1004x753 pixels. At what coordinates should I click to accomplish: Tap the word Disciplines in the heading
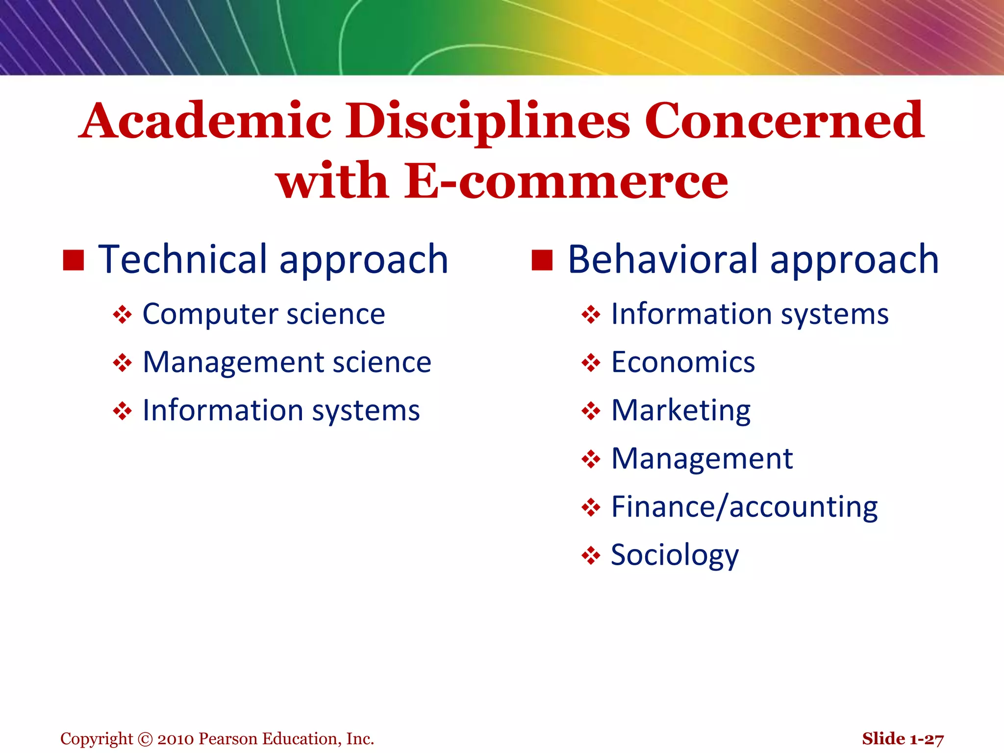pyautogui.click(x=488, y=121)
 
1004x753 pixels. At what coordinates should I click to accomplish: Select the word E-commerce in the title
pyautogui.click(x=566, y=181)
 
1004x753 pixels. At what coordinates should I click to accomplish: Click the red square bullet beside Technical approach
pyautogui.click(x=74, y=260)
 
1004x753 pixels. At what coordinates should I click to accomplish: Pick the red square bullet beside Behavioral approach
pyautogui.click(x=542, y=260)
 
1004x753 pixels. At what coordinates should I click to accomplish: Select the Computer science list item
pyautogui.click(x=264, y=314)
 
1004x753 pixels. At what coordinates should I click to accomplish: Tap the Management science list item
pyautogui.click(x=287, y=362)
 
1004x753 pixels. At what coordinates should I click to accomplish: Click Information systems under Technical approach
pyautogui.click(x=281, y=410)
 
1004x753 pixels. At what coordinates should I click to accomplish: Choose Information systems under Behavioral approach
pyautogui.click(x=750, y=314)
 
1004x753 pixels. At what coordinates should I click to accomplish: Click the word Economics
pyautogui.click(x=683, y=362)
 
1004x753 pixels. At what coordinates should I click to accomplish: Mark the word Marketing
pyautogui.click(x=681, y=410)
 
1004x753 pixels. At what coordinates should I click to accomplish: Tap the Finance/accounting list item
pyautogui.click(x=744, y=507)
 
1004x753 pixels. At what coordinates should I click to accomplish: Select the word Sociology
pyautogui.click(x=675, y=555)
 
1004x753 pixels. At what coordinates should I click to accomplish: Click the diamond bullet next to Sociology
pyautogui.click(x=591, y=556)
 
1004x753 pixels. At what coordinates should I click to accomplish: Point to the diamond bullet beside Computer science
pyautogui.click(x=122, y=315)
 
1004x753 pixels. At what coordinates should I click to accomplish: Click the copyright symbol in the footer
pyautogui.click(x=145, y=739)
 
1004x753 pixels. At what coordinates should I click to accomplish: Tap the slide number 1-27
pyautogui.click(x=926, y=739)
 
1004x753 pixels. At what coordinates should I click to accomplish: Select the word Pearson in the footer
pyautogui.click(x=228, y=739)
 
